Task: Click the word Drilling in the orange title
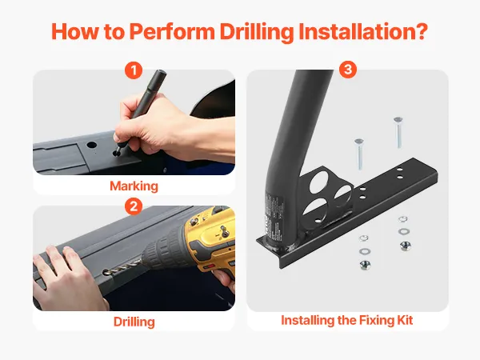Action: pyautogui.click(x=257, y=31)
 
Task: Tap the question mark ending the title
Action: pyautogui.click(x=422, y=30)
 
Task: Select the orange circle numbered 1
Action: pyautogui.click(x=134, y=70)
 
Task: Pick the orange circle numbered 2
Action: pyautogui.click(x=134, y=206)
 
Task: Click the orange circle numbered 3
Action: pyautogui.click(x=348, y=69)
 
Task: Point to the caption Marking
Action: pyautogui.click(x=134, y=186)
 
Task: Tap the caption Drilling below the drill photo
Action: pyautogui.click(x=134, y=322)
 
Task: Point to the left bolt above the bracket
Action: pyautogui.click(x=359, y=154)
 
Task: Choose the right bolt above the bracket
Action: pyautogui.click(x=398, y=133)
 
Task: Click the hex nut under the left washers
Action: pyautogui.click(x=365, y=265)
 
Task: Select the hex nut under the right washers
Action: pyautogui.click(x=405, y=246)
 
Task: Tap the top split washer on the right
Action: pyautogui.click(x=402, y=219)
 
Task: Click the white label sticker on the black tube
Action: pyautogui.click(x=273, y=218)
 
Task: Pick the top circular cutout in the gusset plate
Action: pyautogui.click(x=319, y=182)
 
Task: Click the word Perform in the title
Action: pyautogui.click(x=172, y=31)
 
